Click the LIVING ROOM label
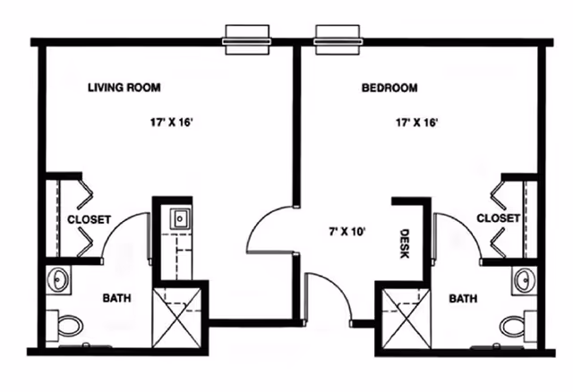124,88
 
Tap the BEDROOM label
389,88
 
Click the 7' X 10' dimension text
346,231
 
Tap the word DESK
404,242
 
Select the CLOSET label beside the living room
89,219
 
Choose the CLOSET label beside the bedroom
498,218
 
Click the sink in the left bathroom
58,280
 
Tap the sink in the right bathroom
524,280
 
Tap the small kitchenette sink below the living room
179,217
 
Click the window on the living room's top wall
246,38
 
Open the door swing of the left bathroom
125,234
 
